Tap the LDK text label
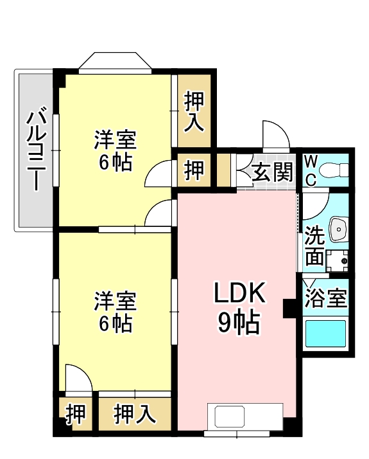click(239, 294)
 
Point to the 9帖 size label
click(239, 322)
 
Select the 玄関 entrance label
click(272, 172)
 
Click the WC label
click(310, 170)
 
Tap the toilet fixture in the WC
click(334, 171)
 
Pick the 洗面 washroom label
click(314, 246)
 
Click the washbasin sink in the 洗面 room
click(338, 228)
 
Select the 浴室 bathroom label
click(325, 299)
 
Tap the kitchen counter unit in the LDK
click(245, 417)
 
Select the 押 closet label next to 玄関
click(194, 170)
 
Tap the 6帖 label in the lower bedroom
click(116, 322)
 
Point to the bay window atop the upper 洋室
click(116, 62)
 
